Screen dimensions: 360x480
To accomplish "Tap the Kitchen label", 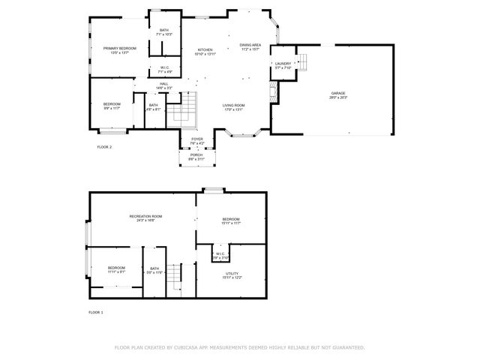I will tap(205, 49).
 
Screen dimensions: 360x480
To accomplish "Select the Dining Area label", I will tap(250, 45).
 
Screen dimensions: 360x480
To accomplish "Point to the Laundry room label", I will tap(283, 64).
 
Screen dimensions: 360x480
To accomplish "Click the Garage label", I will tap(338, 93).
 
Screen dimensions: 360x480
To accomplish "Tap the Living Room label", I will tap(233, 105).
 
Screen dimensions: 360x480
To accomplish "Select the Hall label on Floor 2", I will tap(163, 84).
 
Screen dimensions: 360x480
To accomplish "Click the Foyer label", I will tap(197, 139).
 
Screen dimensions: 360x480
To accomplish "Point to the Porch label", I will tap(196, 154).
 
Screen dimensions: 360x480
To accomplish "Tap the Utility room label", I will tap(232, 274).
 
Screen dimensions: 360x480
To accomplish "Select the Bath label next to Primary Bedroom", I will tap(164, 30).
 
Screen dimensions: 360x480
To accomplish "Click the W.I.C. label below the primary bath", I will tap(164, 67).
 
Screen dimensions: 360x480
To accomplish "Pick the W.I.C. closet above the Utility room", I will tap(220, 254).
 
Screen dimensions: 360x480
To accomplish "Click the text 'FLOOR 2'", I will tap(104, 147).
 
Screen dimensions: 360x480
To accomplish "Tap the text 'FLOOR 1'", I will tap(95, 312).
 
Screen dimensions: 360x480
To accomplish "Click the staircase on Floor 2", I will tap(181, 111).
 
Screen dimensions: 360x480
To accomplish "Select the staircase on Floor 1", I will tap(175, 277).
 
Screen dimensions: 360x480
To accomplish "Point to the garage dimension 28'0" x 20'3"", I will tap(338, 97).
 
